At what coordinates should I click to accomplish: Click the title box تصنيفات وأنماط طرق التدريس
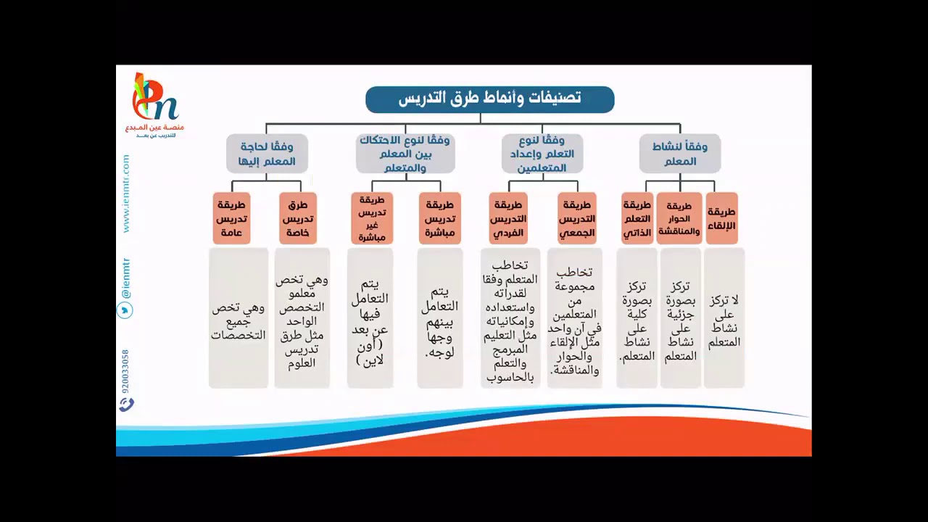click(489, 99)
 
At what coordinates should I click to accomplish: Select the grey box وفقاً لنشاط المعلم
click(679, 153)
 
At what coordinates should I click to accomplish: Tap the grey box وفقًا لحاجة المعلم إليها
click(267, 153)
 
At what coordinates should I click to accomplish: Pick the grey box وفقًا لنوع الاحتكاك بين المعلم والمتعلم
click(405, 153)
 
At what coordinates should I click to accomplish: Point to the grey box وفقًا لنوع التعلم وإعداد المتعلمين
click(543, 153)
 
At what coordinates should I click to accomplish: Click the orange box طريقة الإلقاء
click(721, 218)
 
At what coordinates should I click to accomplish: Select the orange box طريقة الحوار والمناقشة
click(679, 218)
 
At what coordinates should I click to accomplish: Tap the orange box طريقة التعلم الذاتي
click(637, 218)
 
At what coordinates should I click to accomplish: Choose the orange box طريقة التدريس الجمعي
click(577, 218)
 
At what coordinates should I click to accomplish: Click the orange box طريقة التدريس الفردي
click(509, 218)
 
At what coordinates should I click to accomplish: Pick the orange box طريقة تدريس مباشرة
click(439, 218)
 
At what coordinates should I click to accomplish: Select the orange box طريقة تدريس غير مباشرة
click(371, 218)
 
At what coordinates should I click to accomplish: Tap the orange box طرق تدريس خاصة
click(298, 218)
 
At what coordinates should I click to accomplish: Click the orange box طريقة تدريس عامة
click(232, 218)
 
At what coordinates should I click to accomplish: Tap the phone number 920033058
click(125, 370)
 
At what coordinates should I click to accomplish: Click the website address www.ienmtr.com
click(125, 193)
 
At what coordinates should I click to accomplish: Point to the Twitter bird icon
click(125, 310)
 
